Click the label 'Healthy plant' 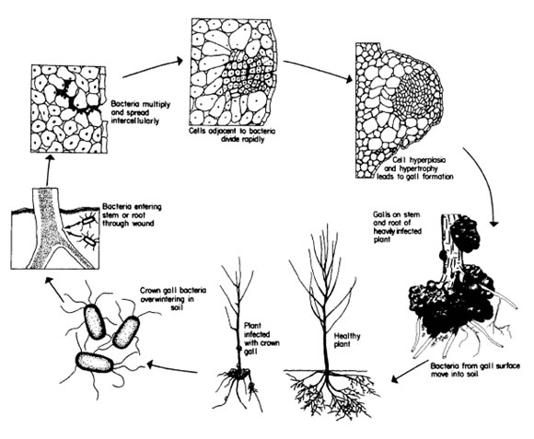347,341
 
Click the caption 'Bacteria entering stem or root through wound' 133,215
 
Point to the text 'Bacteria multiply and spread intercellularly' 140,112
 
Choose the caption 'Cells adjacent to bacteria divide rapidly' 234,135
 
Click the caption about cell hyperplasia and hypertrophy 415,168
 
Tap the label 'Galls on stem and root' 397,227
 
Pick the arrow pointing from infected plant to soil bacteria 172,368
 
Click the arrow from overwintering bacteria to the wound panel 54,289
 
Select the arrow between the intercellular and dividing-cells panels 153,67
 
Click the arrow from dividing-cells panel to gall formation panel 318,72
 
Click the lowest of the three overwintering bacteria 95,363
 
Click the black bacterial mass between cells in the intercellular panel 74,97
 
